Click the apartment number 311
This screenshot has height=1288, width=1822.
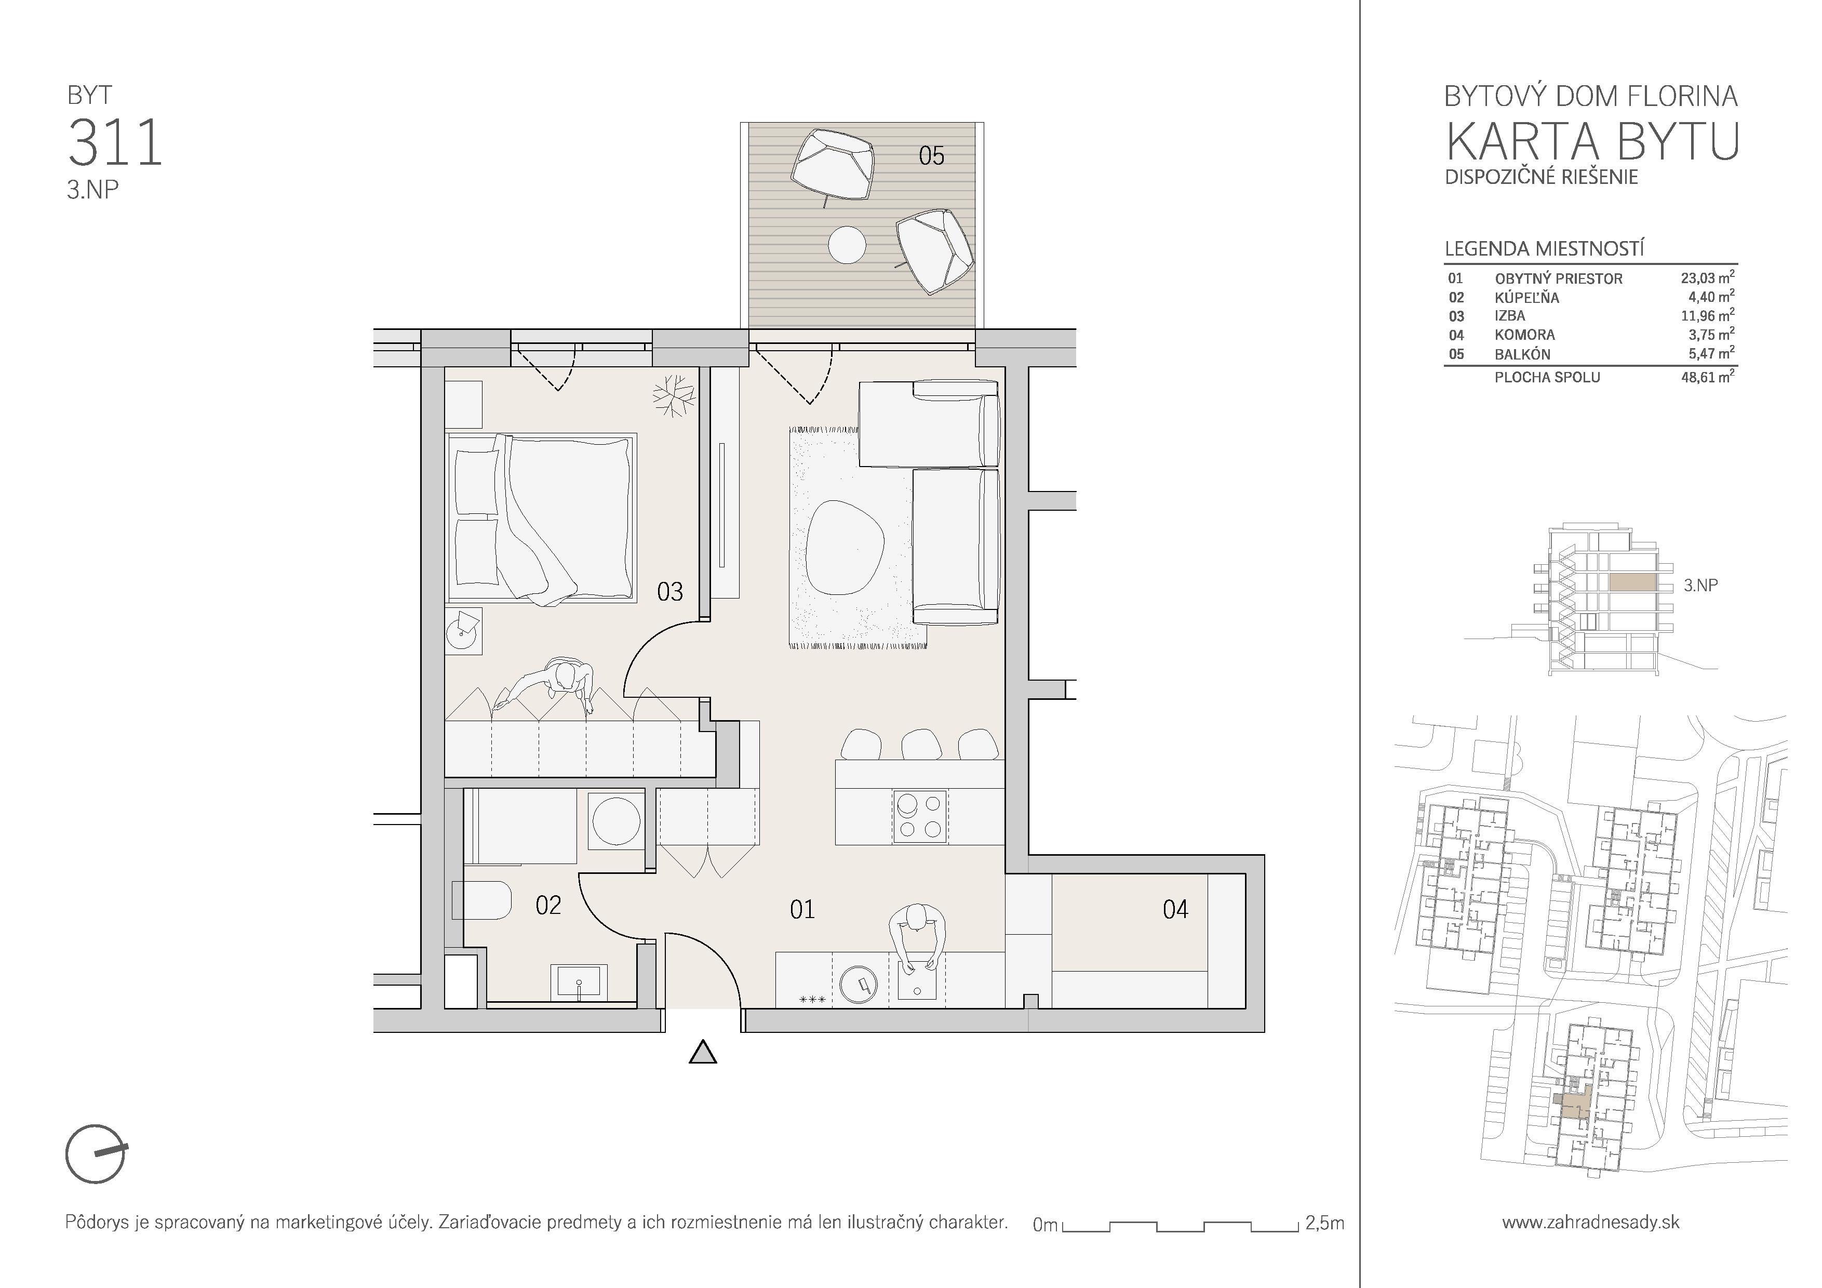(x=116, y=143)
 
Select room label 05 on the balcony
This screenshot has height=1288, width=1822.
(x=932, y=155)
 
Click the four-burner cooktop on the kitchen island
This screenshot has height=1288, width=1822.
(x=920, y=817)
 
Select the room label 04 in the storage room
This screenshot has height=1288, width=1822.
(x=1175, y=909)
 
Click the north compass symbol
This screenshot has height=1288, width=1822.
(x=96, y=1154)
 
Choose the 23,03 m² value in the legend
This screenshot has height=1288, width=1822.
(x=1707, y=278)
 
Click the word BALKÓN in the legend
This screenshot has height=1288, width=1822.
(x=1522, y=355)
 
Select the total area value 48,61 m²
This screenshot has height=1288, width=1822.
(x=1707, y=377)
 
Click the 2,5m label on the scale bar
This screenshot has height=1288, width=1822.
(x=1324, y=1224)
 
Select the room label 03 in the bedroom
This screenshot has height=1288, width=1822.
(x=670, y=592)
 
